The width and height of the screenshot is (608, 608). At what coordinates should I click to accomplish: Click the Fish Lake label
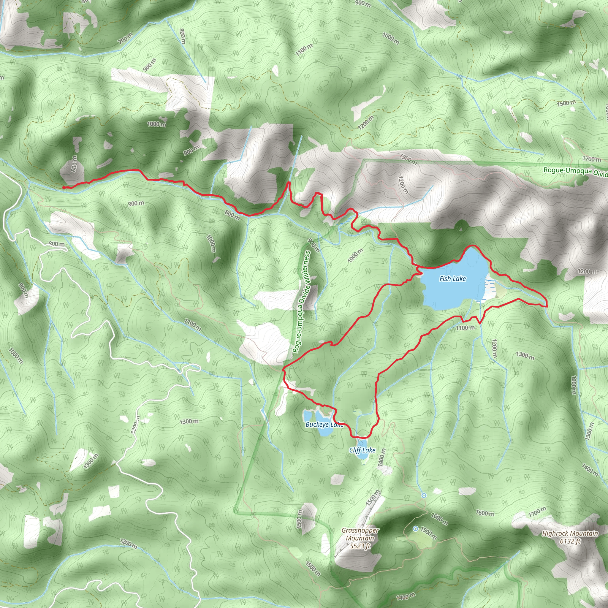[452, 278]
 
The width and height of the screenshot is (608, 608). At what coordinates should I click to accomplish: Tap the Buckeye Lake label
[324, 425]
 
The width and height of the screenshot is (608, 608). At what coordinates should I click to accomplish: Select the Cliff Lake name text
[362, 450]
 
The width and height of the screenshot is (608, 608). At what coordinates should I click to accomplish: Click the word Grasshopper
[360, 531]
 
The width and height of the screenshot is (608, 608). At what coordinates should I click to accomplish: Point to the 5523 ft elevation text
[360, 546]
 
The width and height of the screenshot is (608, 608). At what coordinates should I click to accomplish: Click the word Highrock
[555, 533]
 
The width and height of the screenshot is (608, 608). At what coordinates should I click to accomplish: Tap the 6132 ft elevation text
[570, 541]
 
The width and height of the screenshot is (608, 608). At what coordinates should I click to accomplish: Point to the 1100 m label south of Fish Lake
[465, 328]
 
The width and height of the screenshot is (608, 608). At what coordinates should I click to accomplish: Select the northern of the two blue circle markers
[424, 495]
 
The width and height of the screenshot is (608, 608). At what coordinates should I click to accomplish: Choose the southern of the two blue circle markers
[415, 529]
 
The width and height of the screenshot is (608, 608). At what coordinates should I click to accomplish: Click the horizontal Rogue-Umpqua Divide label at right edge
[575, 172]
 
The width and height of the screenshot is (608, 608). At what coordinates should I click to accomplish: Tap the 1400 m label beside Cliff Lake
[381, 455]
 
